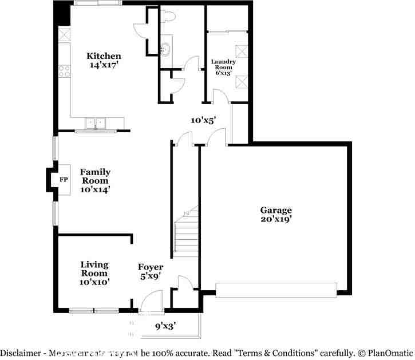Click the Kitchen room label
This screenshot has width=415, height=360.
point(104,56)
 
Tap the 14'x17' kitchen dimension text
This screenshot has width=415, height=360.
point(105,65)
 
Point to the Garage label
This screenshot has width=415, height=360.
point(276,210)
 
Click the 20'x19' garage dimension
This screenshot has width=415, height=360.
point(276,219)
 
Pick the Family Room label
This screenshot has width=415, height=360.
point(95,176)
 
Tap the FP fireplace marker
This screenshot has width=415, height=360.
point(64,180)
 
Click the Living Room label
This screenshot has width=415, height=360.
point(94,268)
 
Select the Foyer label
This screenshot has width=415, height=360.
point(151,267)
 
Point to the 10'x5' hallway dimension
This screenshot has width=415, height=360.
point(203,120)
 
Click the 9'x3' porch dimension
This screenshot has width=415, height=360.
point(165,326)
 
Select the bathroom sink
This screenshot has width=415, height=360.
point(165,49)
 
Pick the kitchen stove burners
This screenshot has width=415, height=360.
point(64,71)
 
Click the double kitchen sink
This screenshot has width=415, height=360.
point(96,122)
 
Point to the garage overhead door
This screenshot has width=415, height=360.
point(276,290)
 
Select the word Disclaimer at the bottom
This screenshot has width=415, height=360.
point(21,354)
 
